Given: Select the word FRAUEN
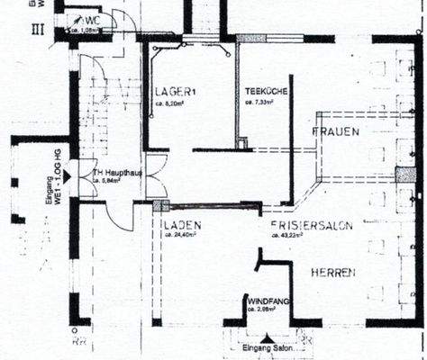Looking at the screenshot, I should [x=336, y=132].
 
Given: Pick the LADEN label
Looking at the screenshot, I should [x=183, y=225].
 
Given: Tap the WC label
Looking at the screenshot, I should [x=93, y=20].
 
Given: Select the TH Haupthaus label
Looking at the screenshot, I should [x=118, y=171].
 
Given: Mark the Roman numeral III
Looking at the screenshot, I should [x=38, y=28].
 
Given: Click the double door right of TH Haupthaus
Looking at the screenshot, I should [x=155, y=176].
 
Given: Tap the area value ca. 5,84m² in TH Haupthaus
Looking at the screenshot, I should [x=110, y=180].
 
